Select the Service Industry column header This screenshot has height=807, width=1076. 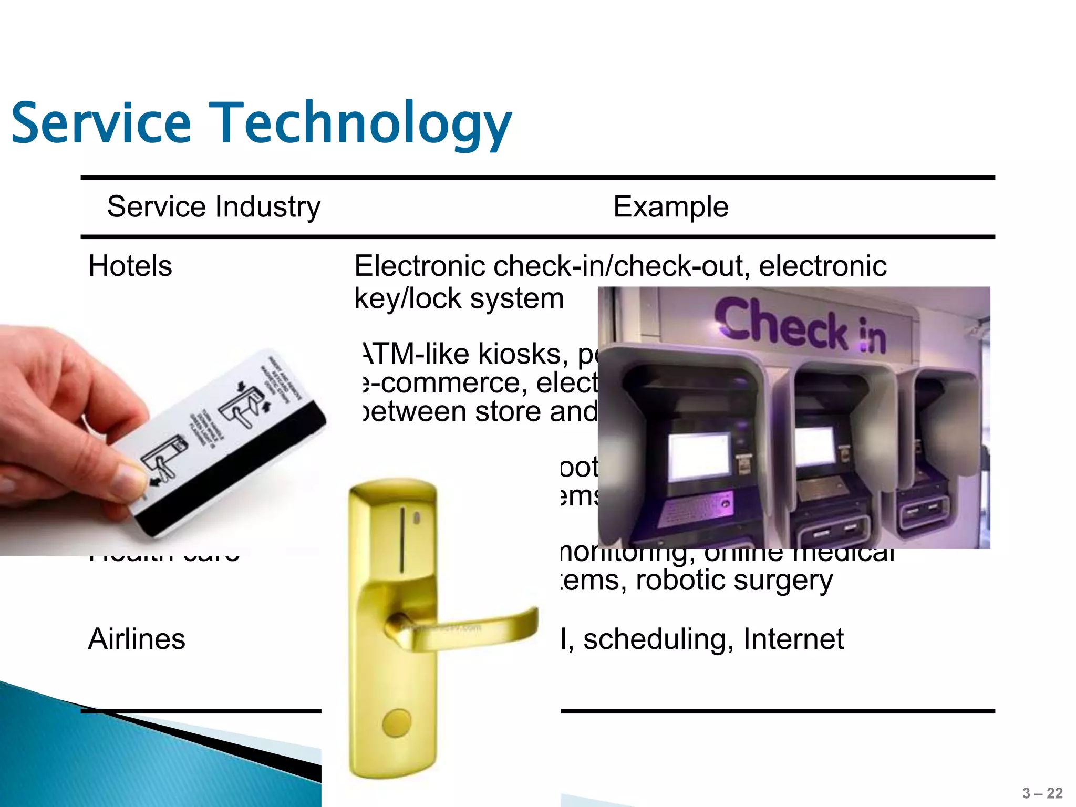(213, 206)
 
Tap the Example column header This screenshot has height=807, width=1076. (670, 206)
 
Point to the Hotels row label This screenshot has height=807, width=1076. (130, 266)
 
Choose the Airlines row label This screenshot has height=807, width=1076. (137, 639)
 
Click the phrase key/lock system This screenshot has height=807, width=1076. (459, 298)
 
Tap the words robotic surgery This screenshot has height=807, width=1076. (734, 580)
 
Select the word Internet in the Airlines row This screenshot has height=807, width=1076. (793, 639)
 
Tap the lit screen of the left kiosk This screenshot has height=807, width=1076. (698, 456)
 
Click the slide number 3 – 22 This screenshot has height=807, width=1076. (1042, 793)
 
